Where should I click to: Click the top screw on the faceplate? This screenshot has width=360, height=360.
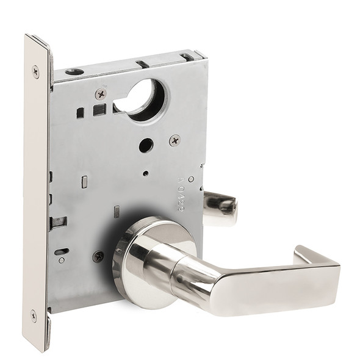point(35,71)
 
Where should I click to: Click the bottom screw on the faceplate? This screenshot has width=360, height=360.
point(34,317)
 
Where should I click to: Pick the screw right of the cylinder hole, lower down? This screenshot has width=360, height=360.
point(175,140)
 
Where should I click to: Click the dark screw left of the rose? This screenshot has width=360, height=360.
point(98,257)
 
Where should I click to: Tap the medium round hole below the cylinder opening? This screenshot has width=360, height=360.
point(145,145)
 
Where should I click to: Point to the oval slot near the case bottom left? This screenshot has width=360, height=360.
point(62,251)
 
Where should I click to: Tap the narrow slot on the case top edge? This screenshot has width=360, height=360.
point(142,63)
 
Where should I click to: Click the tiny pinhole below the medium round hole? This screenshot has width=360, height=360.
point(145,173)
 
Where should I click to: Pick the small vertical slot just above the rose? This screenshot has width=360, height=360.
point(116,212)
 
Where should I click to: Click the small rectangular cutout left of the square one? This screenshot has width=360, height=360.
point(80,112)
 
